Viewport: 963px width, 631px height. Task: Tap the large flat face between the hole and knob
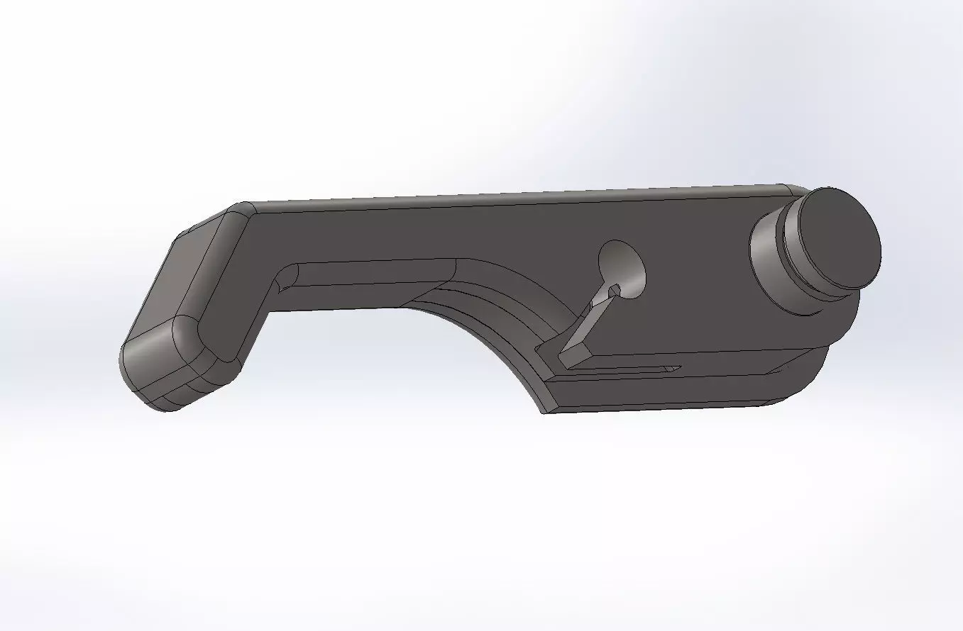pos(695,284)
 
